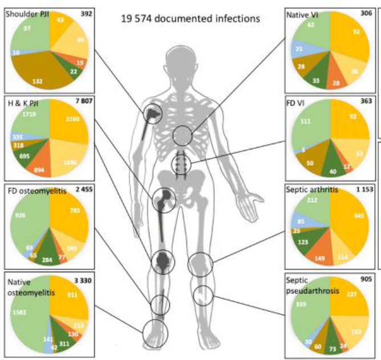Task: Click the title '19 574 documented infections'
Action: coord(190,18)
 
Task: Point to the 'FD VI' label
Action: coord(296,104)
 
